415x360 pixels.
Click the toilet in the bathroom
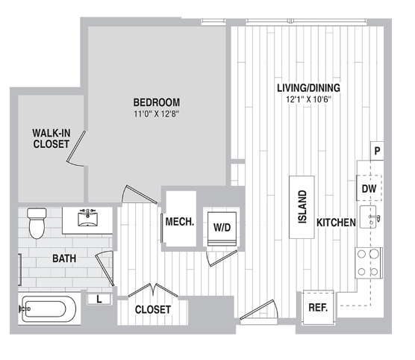[x=37, y=223]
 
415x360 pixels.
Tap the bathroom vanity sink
[x=87, y=219]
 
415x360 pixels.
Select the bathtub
[x=47, y=309]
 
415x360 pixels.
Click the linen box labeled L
[x=99, y=300]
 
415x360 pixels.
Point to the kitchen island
[x=302, y=207]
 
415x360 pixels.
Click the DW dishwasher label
[x=369, y=189]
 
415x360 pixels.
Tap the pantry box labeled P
[x=377, y=151]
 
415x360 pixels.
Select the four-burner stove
[x=369, y=263]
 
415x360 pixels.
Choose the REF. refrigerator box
[x=319, y=307]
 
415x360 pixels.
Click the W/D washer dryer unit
[x=222, y=229]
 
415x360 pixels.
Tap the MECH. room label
[x=180, y=222]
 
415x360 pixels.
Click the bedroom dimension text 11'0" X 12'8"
[x=157, y=114]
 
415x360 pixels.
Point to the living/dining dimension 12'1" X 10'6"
[x=308, y=99]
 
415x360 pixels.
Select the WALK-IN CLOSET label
[x=52, y=138]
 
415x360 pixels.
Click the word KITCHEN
[x=336, y=223]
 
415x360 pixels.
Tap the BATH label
[x=64, y=258]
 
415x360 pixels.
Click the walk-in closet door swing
[x=76, y=149]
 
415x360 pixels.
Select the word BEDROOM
[x=157, y=102]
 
